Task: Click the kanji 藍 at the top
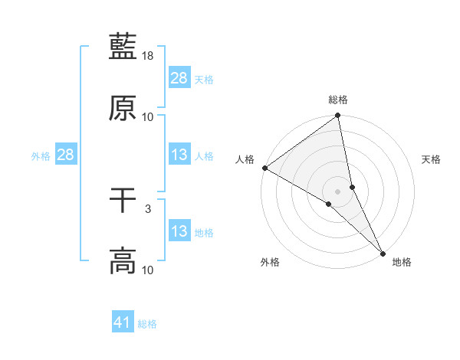coord(123,46)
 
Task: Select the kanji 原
coord(123,108)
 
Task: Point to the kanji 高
coord(123,260)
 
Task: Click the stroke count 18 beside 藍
coord(148,56)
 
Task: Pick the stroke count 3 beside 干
coord(148,208)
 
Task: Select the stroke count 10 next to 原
coord(148,117)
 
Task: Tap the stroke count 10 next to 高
coord(148,270)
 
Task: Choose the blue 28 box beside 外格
coord(66,155)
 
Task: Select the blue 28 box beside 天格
coord(179,78)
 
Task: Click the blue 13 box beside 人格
coord(179,155)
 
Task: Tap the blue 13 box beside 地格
coord(179,231)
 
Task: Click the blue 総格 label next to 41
coord(147,324)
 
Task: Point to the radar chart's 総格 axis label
coord(338,100)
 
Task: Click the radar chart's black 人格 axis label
coord(245,159)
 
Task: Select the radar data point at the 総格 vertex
coord(338,116)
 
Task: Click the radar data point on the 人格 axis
coord(264,168)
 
